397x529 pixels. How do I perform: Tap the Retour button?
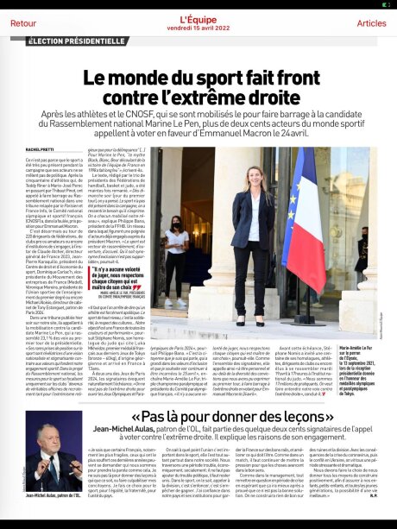pos(23,22)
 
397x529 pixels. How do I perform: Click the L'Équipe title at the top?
pos(198,18)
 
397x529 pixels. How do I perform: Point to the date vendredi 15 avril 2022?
pos(198,28)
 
